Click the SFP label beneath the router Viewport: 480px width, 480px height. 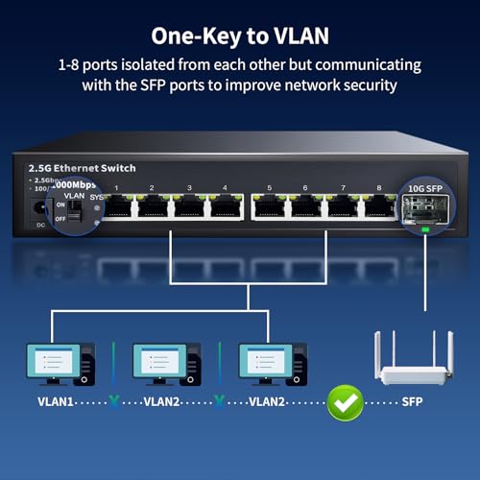pyautogui.click(x=412, y=402)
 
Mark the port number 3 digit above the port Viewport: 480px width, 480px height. pyautogui.click(x=189, y=188)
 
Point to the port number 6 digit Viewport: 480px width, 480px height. pyautogui.click(x=305, y=188)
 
